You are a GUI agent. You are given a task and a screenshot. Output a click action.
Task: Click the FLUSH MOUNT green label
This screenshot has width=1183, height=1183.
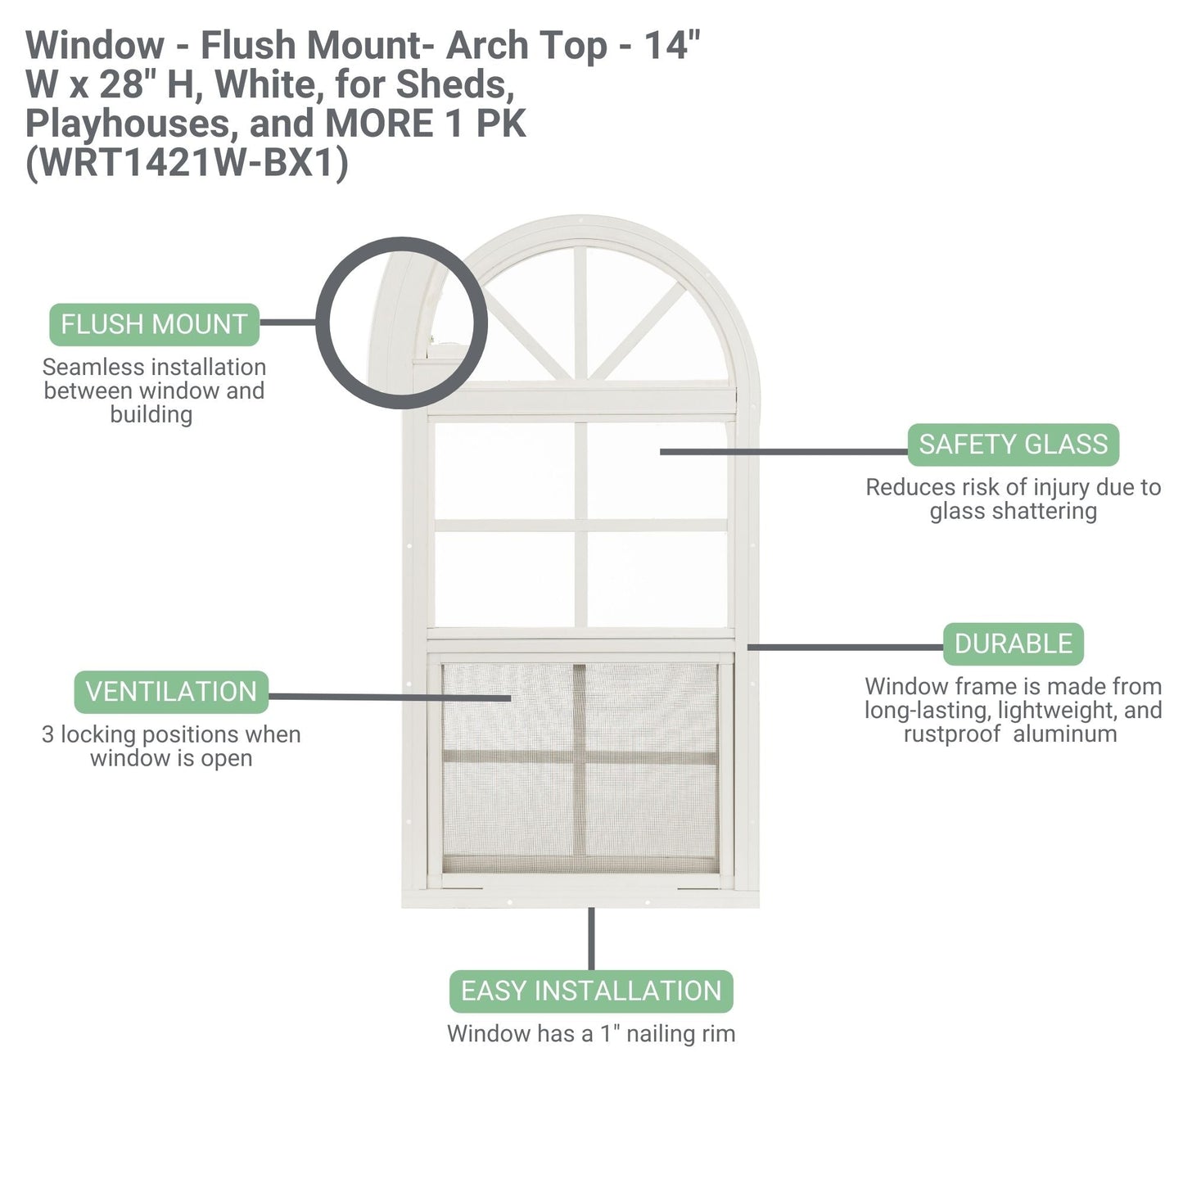click(x=154, y=324)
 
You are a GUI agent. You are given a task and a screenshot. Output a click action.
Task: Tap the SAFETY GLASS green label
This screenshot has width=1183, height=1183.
click(x=1013, y=445)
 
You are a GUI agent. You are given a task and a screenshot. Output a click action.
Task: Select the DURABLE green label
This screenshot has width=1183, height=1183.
click(x=1013, y=644)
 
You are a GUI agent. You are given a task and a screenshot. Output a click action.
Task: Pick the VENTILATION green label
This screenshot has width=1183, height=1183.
click(x=171, y=692)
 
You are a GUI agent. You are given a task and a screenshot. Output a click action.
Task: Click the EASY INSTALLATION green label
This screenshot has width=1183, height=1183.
click(x=591, y=991)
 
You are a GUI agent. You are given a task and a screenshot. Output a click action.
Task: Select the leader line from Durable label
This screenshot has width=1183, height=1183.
click(x=843, y=647)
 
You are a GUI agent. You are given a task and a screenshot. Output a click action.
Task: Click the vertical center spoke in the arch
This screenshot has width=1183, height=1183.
click(x=580, y=311)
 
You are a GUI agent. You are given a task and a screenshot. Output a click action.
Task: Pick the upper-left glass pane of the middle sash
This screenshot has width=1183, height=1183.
click(x=504, y=470)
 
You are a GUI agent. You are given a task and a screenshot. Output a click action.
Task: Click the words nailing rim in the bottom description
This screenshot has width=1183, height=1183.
click(x=680, y=1034)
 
